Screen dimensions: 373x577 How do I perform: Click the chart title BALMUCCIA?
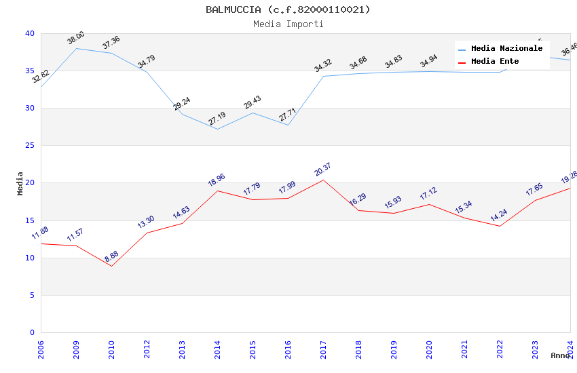pos(288,9)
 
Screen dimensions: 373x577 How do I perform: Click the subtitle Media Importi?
pos(288,24)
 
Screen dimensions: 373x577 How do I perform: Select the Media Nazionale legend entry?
pos(506,49)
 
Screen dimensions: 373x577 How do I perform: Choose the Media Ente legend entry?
pos(495,62)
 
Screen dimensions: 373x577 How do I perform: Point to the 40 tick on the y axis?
pos(29,33)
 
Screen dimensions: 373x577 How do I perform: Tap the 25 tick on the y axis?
pos(29,146)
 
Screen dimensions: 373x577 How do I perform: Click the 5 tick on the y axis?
pos(31,295)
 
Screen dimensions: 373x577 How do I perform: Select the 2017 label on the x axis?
pos(323,349)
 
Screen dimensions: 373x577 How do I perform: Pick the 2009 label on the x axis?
pos(76,349)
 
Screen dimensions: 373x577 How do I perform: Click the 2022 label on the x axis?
pos(500,349)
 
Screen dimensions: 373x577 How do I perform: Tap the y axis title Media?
pos(20,183)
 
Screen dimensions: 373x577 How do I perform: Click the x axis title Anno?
pos(560,355)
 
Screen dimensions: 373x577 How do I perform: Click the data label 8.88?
pos(111,256)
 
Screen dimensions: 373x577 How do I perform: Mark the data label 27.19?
pos(217,119)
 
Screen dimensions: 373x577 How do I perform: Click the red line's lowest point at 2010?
pos(111,266)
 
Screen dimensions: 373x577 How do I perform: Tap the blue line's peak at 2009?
pos(76,48)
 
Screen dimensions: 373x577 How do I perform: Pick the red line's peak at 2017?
pos(323,180)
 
